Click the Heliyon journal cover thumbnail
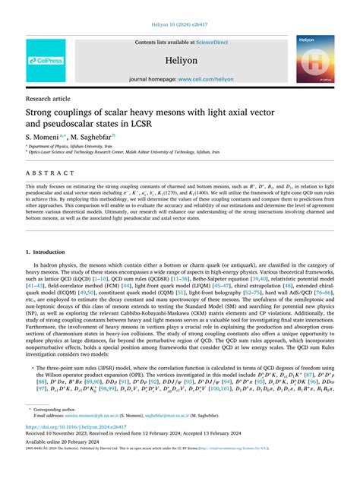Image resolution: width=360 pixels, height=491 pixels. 315,59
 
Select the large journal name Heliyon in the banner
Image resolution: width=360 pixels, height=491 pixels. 181,59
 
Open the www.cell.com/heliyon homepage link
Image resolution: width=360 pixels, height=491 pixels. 205,79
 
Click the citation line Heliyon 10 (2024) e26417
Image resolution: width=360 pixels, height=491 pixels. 180,24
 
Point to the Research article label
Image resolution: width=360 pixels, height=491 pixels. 48,99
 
